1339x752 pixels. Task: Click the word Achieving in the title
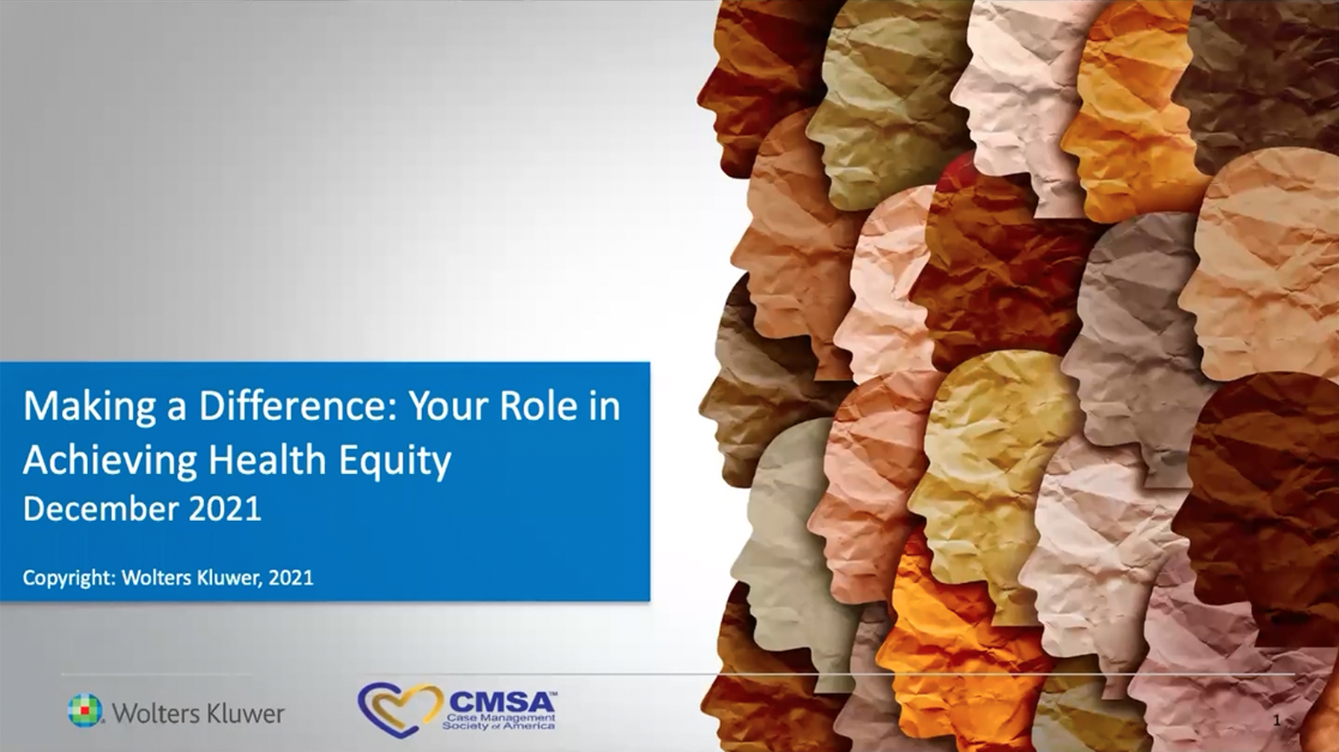[110, 461]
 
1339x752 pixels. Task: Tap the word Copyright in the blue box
[68, 579]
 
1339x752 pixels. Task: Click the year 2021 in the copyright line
[291, 578]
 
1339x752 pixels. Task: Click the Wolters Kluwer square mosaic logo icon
[85, 709]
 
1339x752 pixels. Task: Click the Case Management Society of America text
[499, 722]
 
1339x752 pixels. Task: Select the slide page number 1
[1277, 721]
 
